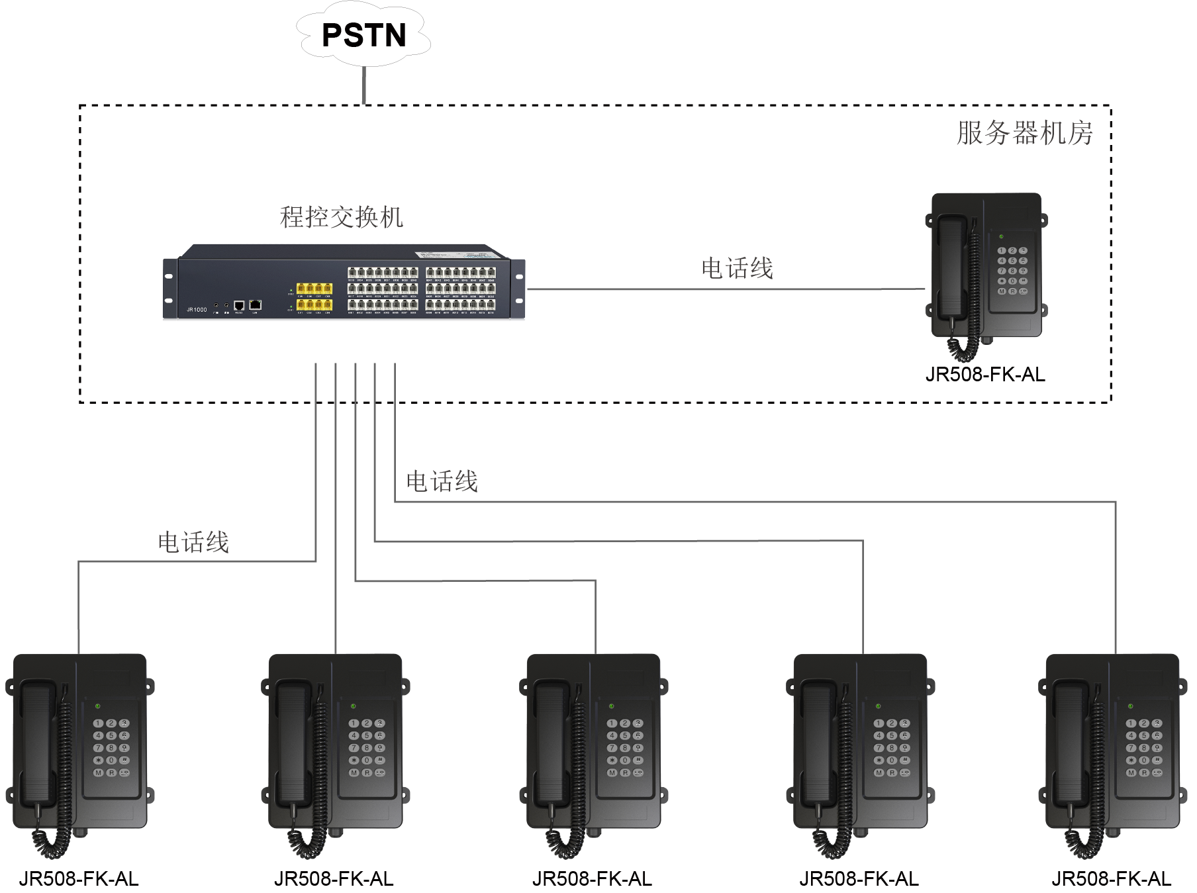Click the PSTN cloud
click(x=363, y=34)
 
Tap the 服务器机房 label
click(x=1024, y=133)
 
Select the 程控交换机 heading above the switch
click(x=341, y=217)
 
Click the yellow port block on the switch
click(x=314, y=297)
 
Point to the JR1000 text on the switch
click(x=197, y=310)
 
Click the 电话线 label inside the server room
click(x=737, y=269)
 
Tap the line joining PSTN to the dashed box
click(x=363, y=85)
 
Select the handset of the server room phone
click(x=951, y=268)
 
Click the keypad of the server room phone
click(x=1012, y=271)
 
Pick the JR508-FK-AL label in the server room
click(x=984, y=375)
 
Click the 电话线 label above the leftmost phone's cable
click(x=193, y=543)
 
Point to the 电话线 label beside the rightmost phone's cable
click(x=442, y=482)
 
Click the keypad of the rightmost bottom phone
click(x=1143, y=748)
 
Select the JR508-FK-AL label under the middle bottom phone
click(x=592, y=879)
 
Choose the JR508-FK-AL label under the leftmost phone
click(x=79, y=879)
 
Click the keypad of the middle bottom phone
click(x=624, y=748)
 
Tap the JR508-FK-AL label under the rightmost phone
click(x=1112, y=879)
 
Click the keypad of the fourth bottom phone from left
click(x=891, y=748)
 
